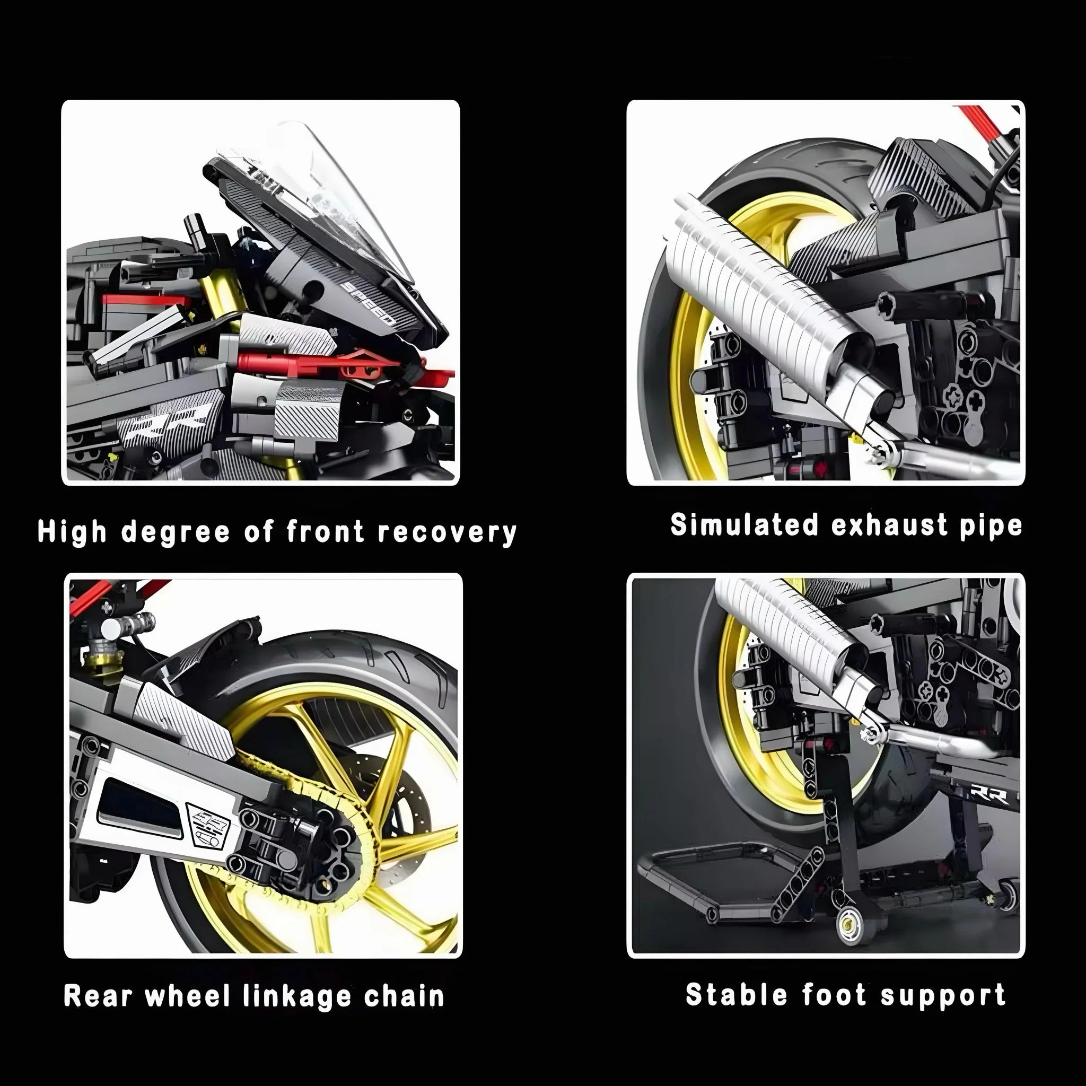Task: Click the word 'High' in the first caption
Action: pos(72,532)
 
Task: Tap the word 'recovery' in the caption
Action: pos(447,532)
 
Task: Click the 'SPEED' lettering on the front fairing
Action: pos(369,304)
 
